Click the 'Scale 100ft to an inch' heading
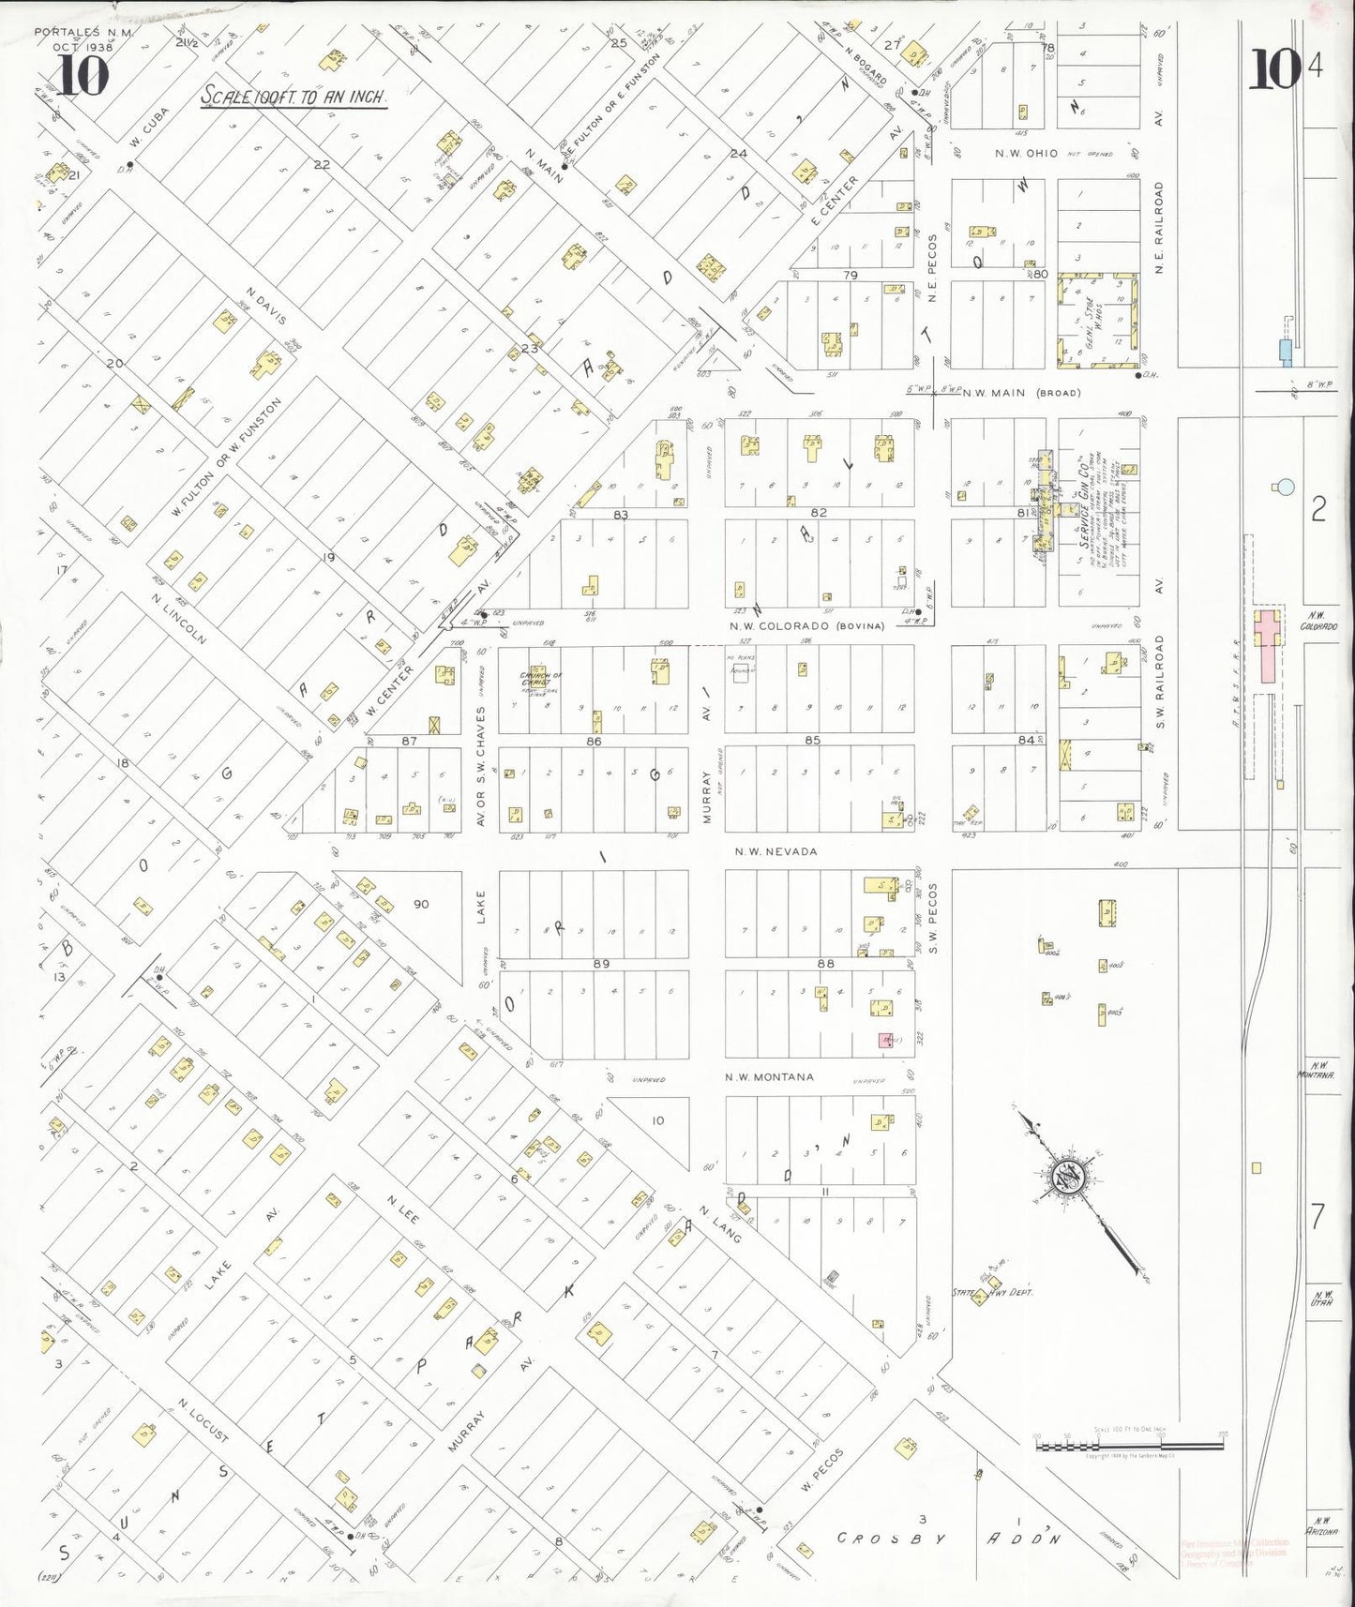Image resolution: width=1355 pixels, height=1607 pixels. (x=294, y=97)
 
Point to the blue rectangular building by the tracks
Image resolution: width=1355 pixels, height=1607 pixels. (x=1286, y=352)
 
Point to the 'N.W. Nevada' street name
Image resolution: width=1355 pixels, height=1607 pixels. (x=775, y=851)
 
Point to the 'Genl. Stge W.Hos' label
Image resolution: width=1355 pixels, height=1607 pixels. (x=1097, y=319)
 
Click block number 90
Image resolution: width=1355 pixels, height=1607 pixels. (x=421, y=905)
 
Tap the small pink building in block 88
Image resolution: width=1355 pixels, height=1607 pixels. (x=884, y=1040)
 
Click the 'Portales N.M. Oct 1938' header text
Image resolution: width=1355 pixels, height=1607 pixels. (x=84, y=38)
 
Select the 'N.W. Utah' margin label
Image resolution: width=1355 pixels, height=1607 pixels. (x=1323, y=1292)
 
